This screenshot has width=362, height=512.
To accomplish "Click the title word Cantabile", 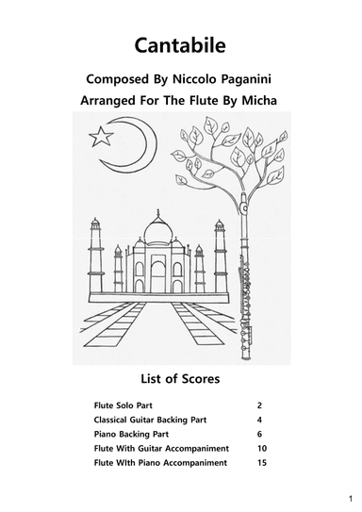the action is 180,44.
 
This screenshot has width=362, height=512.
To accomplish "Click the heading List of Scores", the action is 180,380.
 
